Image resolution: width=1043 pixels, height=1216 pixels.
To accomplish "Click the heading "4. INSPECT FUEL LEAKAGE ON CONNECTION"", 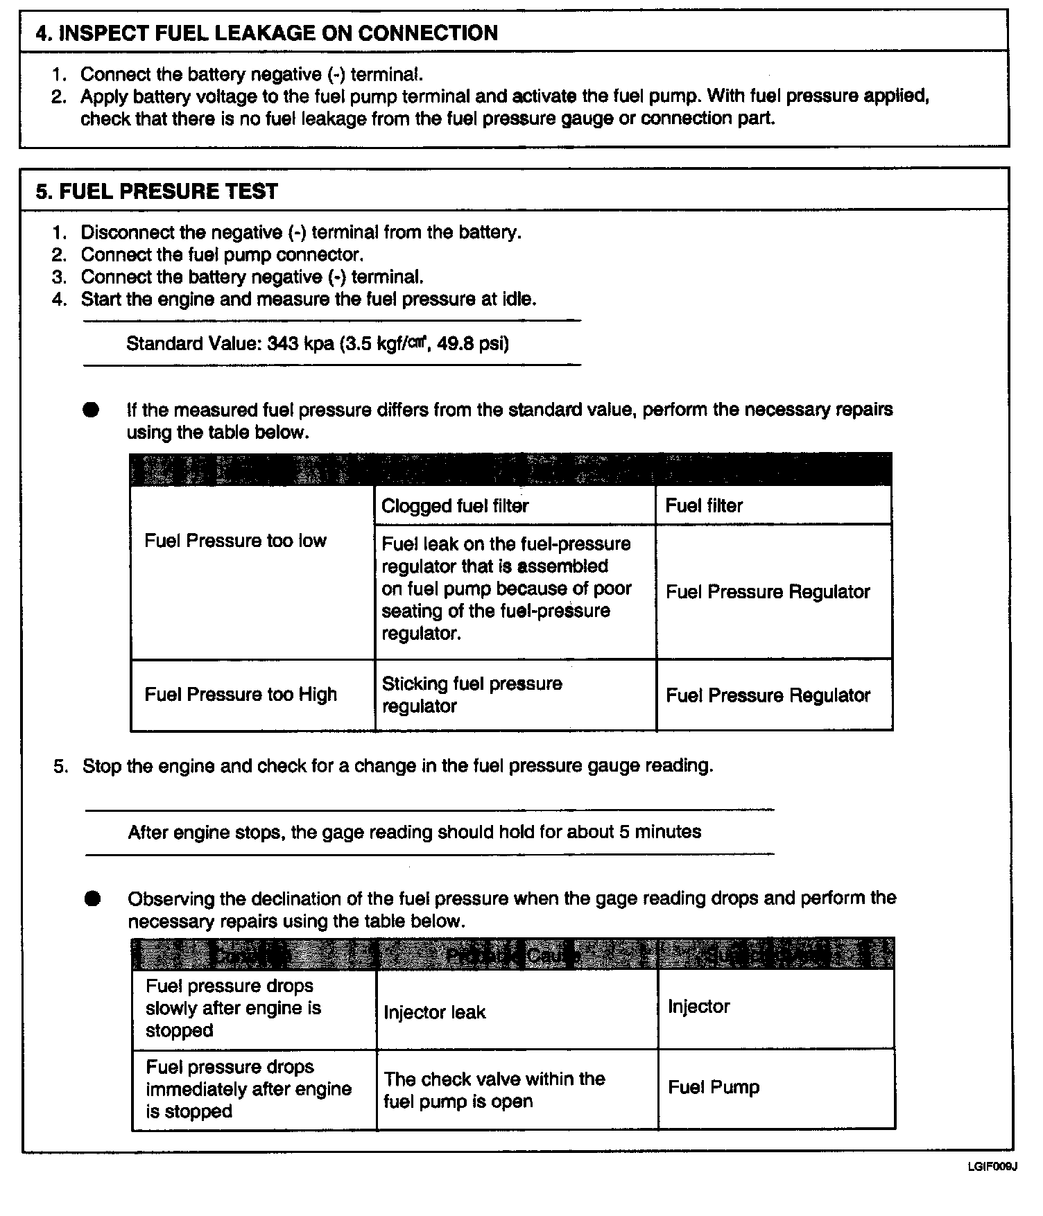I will click(x=266, y=33).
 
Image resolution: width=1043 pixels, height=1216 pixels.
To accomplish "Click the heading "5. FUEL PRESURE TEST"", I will click(x=157, y=191).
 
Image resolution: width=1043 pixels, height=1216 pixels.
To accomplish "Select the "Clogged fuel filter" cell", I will click(x=455, y=506).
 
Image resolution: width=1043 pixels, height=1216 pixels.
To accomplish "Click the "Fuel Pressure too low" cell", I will click(x=235, y=541).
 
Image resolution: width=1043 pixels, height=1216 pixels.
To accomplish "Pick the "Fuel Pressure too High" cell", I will click(x=241, y=695).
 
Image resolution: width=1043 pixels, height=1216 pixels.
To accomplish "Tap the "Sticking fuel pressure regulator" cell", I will click(x=472, y=695).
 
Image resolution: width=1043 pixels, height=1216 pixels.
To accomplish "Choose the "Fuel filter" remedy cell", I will click(x=704, y=506).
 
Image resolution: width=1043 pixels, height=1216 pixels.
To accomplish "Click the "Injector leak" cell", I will click(x=435, y=1012).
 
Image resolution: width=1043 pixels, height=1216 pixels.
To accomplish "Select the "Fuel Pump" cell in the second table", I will click(x=714, y=1087).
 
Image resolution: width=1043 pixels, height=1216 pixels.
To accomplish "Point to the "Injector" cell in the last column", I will click(x=698, y=1007).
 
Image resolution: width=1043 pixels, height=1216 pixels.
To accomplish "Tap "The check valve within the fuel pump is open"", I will click(x=494, y=1090).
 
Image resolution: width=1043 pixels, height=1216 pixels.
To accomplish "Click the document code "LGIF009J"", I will click(x=992, y=1167).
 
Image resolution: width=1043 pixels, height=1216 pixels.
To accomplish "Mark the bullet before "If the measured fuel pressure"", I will click(x=91, y=410).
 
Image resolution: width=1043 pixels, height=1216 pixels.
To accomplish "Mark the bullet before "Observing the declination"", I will click(x=92, y=899).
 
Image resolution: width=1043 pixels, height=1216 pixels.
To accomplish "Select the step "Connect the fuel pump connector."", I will click(x=222, y=255).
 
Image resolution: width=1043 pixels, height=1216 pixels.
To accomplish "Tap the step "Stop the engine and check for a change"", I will click(x=397, y=766).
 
